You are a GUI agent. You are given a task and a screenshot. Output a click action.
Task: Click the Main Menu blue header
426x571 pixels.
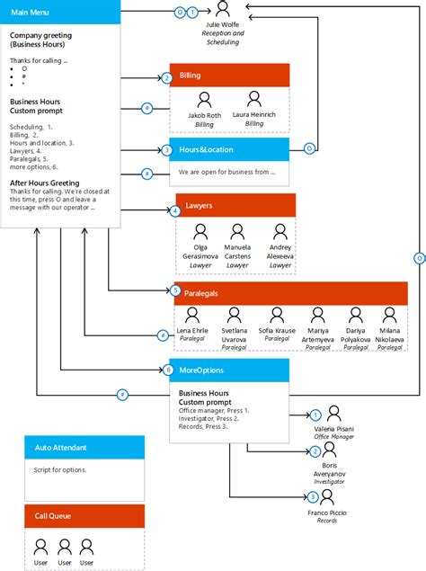pos(60,12)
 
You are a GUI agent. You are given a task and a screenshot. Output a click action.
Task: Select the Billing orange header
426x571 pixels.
pos(229,76)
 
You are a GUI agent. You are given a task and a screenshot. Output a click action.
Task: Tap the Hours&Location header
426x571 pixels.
pos(229,149)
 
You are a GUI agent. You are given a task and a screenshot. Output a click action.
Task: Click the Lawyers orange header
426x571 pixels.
pos(235,205)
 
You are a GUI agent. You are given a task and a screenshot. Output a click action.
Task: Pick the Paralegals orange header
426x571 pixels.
pos(290,292)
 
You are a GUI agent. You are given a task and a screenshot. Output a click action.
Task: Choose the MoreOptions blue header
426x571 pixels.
pos(229,370)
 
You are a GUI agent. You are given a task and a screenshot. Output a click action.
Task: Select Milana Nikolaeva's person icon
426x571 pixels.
pos(389,316)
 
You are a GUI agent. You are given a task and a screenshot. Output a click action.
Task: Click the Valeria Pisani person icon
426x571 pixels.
pos(334,414)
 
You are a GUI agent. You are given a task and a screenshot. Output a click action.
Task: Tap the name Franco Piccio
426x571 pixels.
pos(333,513)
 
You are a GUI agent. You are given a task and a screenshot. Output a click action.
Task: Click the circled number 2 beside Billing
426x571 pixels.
pos(166,78)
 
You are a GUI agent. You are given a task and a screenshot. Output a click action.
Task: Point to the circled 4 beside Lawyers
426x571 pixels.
pos(174,211)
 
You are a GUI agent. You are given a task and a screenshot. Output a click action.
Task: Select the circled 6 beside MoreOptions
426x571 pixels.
pos(167,370)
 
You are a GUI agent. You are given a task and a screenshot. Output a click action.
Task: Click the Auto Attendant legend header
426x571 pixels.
pos(84,448)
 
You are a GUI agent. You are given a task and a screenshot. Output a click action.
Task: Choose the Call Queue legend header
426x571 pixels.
pos(84,516)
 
